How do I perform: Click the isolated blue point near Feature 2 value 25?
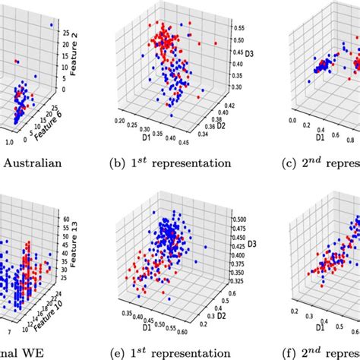(51, 25)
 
